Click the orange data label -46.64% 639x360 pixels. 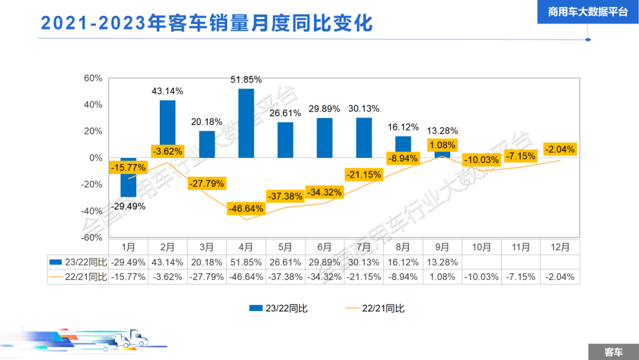point(246,208)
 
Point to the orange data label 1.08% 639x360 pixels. point(443,145)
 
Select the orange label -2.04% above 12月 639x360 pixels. point(560,149)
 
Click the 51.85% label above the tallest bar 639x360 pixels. point(246,79)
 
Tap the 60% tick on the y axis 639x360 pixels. point(93,78)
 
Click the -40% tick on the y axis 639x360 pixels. point(92,211)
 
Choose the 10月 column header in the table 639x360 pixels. point(482,246)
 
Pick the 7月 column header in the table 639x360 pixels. point(364,246)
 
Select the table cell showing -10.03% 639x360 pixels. point(482,277)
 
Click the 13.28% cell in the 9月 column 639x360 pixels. point(442,262)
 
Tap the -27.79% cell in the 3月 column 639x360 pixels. point(207,277)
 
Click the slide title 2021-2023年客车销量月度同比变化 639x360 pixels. point(206,23)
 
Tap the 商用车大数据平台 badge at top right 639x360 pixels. point(588,12)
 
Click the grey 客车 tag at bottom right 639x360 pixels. point(613,352)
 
